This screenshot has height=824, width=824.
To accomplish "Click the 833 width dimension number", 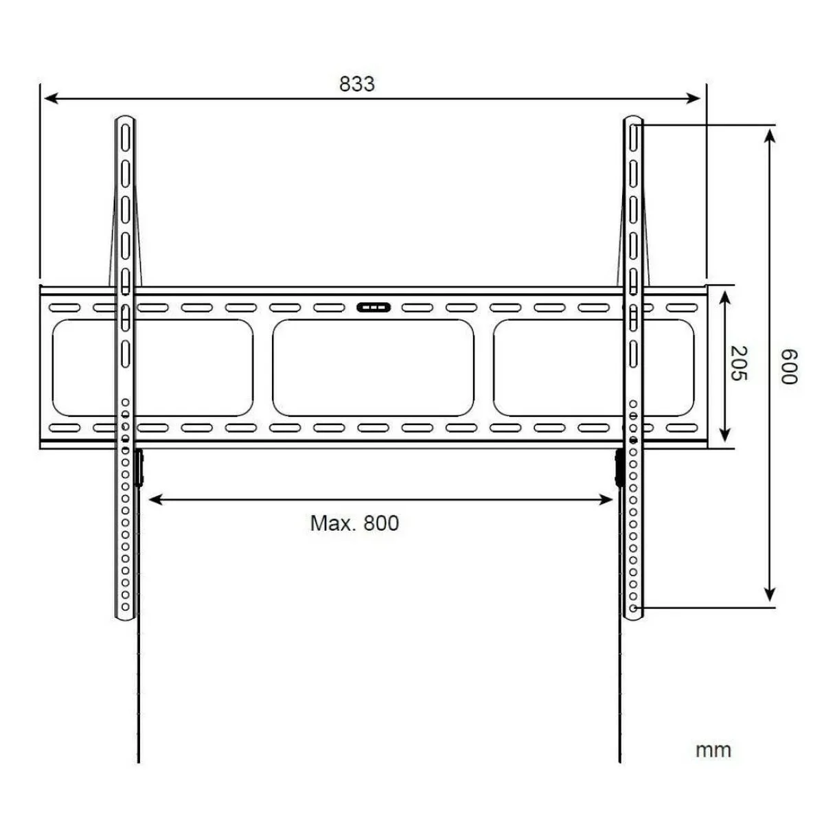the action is click(356, 84).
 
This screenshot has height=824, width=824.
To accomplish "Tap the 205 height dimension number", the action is click(738, 363).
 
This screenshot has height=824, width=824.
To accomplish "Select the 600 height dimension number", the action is click(789, 367).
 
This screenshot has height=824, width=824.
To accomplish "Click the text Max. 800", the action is click(354, 523).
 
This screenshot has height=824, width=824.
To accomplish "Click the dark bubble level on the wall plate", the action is click(374, 308).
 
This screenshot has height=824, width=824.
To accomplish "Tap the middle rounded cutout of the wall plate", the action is click(373, 368).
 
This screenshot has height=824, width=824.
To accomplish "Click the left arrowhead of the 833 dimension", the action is click(51, 98).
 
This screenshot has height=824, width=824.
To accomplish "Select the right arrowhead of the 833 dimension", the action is click(693, 98).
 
